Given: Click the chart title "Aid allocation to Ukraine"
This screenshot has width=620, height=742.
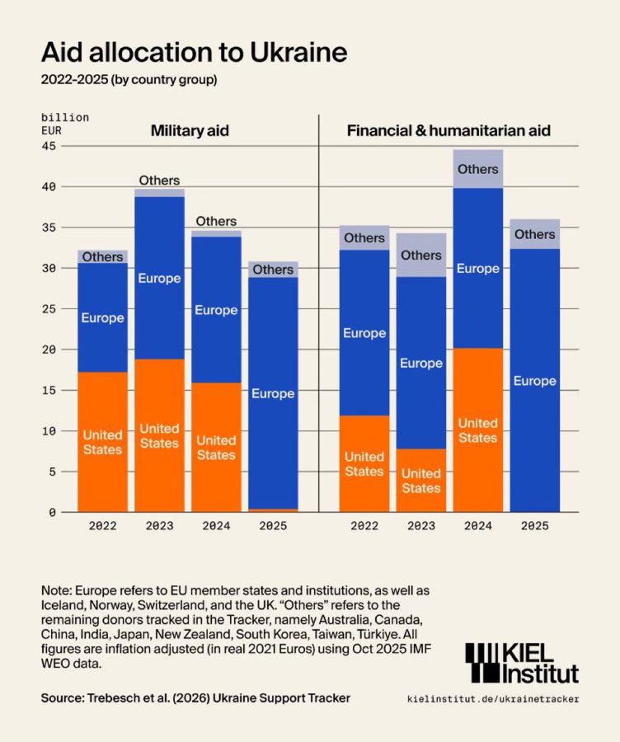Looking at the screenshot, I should tap(194, 53).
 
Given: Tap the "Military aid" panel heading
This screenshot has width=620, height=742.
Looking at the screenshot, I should tap(190, 130).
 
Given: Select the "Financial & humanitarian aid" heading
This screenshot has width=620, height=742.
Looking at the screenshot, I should tap(449, 130).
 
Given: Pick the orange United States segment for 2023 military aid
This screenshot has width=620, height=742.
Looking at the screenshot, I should tap(159, 435).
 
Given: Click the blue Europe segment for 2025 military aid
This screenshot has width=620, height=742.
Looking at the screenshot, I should tap(273, 393).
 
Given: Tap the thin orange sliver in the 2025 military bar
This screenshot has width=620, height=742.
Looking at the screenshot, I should tap(273, 510).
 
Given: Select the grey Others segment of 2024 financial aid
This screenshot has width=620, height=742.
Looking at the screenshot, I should tap(478, 169).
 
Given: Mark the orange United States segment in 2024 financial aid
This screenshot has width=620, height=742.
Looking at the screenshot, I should tap(478, 430).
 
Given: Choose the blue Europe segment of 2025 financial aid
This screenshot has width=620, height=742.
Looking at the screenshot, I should tap(535, 381).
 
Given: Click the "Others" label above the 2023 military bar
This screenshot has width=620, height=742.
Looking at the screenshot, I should tap(159, 181).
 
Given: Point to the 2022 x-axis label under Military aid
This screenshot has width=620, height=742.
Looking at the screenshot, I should tap(103, 525).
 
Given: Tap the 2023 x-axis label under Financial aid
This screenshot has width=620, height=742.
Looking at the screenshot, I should tap(421, 525).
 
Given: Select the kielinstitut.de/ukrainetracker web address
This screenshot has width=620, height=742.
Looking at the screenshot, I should tap(493, 698).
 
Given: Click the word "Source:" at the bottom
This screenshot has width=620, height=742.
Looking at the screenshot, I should tap(63, 698).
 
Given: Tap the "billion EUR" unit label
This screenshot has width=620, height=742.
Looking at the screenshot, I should tap(64, 124).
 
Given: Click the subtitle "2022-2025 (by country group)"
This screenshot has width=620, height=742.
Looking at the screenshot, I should tap(129, 81).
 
